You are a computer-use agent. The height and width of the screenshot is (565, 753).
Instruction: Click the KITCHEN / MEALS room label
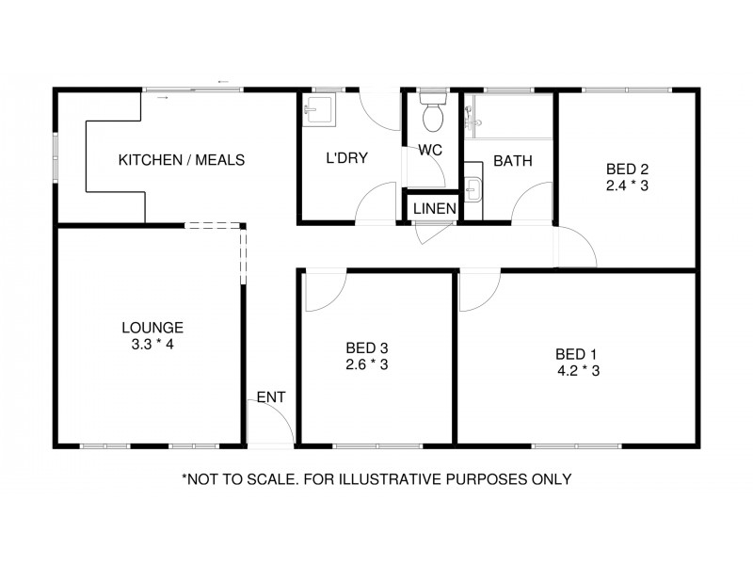click(181, 160)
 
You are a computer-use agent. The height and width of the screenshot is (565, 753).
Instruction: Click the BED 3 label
click(367, 347)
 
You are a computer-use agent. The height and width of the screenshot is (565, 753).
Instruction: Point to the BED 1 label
click(576, 354)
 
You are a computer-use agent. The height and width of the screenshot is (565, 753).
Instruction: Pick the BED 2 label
click(628, 169)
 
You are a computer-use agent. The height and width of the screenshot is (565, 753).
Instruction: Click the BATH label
click(513, 161)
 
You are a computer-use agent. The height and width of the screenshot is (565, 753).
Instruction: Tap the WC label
click(430, 150)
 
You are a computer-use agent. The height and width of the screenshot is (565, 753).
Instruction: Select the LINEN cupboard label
click(435, 208)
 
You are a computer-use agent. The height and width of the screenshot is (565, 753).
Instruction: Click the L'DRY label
click(346, 158)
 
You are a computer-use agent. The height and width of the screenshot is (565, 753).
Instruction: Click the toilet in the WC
click(433, 112)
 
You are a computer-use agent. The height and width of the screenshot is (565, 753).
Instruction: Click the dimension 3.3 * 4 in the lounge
click(152, 345)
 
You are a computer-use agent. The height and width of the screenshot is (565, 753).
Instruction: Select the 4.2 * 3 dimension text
click(578, 371)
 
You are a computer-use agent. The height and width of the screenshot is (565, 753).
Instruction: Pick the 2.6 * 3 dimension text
click(367, 363)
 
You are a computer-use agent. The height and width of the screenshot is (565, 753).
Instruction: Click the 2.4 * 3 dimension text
click(628, 186)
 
